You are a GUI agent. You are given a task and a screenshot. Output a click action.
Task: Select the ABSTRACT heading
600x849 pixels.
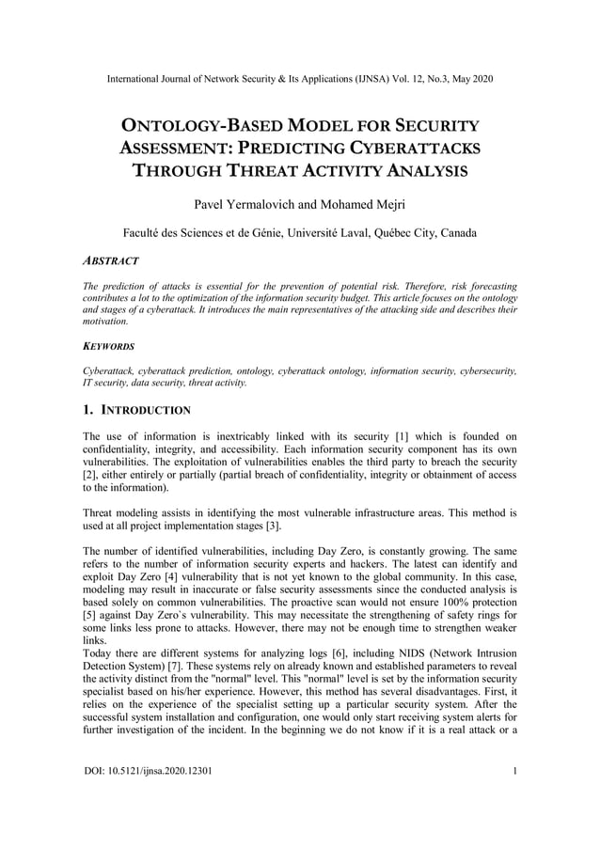coord(111,260)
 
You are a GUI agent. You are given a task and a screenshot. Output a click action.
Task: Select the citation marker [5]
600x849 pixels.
coord(93,614)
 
